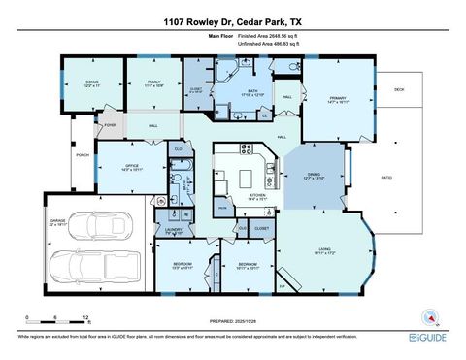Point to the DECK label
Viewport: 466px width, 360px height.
398,89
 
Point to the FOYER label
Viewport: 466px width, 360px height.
111,124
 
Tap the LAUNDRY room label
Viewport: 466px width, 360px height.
174,230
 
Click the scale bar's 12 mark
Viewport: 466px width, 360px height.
87,317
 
